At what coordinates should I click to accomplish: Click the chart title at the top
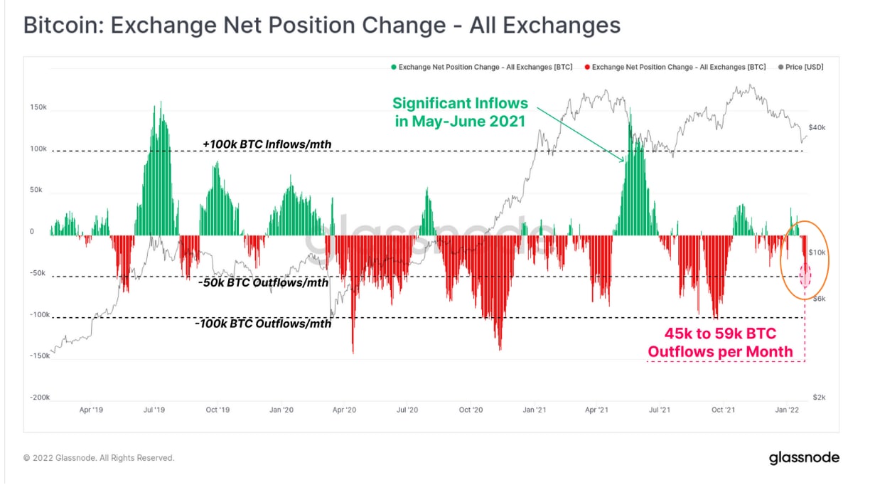322,26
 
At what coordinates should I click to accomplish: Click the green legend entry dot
393,67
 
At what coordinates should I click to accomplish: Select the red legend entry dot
586,67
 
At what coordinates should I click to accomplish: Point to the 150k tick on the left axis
38,107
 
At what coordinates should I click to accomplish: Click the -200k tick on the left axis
38,398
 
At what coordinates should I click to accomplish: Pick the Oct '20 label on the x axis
471,410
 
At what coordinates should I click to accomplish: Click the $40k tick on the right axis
817,127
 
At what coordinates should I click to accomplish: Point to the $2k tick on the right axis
819,398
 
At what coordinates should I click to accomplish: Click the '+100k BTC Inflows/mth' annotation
267,144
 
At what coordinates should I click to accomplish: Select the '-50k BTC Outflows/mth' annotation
264,282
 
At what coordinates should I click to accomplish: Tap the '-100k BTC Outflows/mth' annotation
263,324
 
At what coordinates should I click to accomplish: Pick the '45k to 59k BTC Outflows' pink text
720,342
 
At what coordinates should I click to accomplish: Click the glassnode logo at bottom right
804,458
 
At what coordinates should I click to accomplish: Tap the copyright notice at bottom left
99,458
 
